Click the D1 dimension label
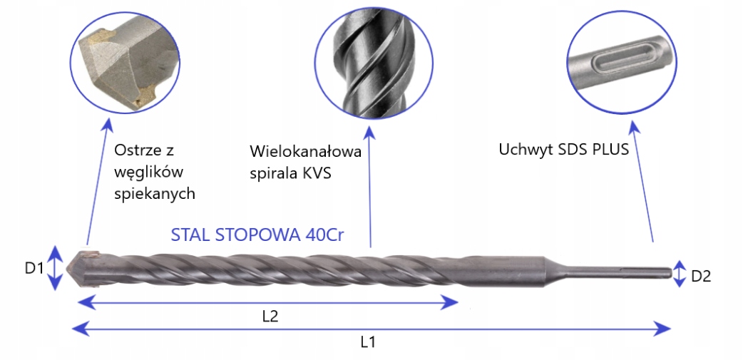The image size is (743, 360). [x=34, y=269]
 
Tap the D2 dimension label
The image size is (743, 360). [x=701, y=276]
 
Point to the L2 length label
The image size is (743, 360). [x=270, y=317]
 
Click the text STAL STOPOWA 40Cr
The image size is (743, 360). [x=257, y=235]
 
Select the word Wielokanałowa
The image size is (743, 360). [x=306, y=152]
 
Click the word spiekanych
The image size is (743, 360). [x=155, y=194]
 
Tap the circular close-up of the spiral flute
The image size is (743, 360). [x=374, y=64]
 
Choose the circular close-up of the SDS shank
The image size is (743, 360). [x=620, y=62]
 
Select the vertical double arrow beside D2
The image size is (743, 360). [x=680, y=273]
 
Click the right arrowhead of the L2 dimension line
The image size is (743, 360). [x=450, y=302]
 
